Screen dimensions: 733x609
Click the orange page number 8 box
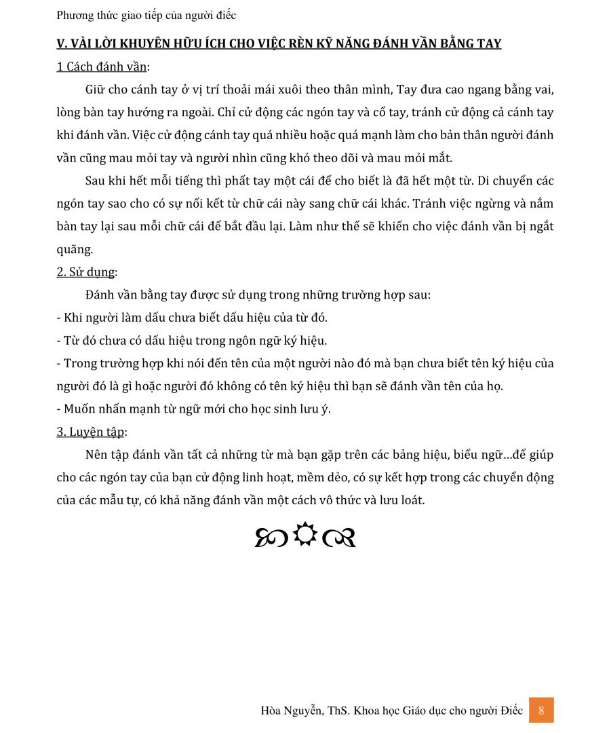click(541, 710)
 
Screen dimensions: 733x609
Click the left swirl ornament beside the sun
click(272, 538)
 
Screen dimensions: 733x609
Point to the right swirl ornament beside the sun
click(339, 538)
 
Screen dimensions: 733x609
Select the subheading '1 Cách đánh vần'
click(102, 67)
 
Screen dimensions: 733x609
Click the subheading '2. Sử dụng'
click(85, 272)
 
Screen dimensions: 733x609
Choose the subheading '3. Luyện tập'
click(90, 432)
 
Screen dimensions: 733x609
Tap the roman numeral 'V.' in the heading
click(62, 44)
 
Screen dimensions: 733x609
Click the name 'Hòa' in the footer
click(272, 711)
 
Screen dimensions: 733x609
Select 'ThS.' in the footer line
click(337, 711)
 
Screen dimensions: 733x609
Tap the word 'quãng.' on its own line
click(74, 249)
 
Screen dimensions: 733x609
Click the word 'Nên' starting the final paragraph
click(96, 455)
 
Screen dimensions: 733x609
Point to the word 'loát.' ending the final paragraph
click(410, 500)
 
